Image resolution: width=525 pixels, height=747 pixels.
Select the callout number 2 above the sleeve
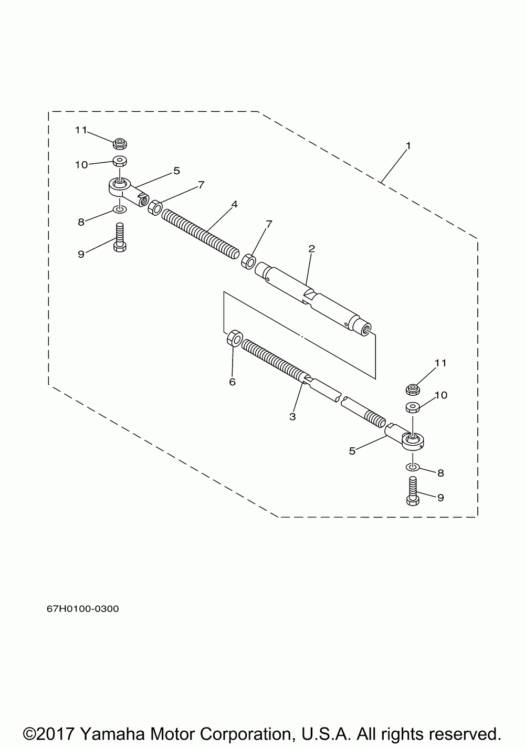[x=311, y=248]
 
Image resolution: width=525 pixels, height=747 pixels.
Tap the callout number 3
[x=292, y=417]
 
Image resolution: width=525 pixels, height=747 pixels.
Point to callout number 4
[x=234, y=204]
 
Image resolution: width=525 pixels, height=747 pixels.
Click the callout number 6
[x=232, y=382]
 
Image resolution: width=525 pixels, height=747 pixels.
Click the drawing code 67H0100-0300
[x=83, y=609]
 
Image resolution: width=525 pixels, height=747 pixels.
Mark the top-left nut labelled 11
[x=120, y=143]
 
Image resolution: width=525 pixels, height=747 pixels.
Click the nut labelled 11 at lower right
[x=413, y=389]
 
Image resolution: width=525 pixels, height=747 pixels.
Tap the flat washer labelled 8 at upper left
[x=120, y=210]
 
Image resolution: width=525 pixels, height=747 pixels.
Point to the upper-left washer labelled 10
[x=120, y=161]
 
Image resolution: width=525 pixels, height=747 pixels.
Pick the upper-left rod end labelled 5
[x=126, y=190]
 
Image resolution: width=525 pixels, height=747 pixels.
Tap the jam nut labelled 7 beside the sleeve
[x=249, y=260]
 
